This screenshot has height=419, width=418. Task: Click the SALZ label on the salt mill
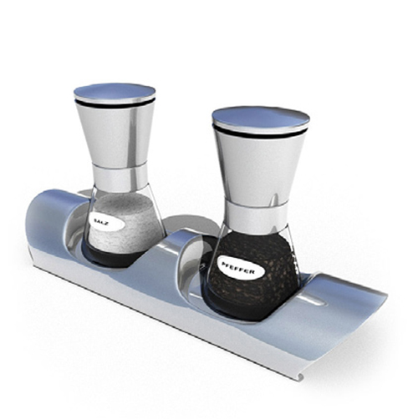pos(107,222)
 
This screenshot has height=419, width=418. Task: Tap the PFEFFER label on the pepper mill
pos(240,267)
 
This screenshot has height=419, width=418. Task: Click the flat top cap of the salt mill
pos(115,92)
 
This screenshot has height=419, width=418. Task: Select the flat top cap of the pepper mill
pos(261,118)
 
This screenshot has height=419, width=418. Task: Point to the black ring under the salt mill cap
pos(115,103)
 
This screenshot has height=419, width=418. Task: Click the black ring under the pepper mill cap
pos(260,133)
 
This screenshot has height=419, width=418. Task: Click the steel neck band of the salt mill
pos(120,177)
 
